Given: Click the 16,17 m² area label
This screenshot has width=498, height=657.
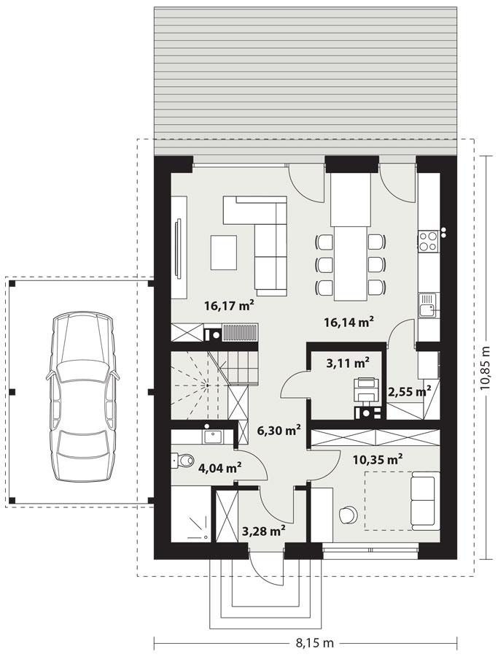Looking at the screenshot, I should (x=228, y=306).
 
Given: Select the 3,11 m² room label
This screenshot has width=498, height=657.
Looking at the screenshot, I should (x=346, y=361).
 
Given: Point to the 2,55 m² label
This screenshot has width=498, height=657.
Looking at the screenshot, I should (x=408, y=391).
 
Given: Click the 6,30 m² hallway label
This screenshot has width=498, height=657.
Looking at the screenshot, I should (x=279, y=430).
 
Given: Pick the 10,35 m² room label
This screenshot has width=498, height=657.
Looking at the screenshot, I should (x=378, y=459).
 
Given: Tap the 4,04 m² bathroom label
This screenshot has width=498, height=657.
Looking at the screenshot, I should (x=219, y=467).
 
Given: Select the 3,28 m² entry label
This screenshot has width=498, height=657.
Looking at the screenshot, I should (x=262, y=531).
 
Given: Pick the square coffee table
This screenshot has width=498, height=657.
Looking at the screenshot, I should (x=225, y=252).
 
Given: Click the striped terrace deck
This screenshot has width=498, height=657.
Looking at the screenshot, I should (x=304, y=73).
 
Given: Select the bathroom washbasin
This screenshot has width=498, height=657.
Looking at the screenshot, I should (x=213, y=437).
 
